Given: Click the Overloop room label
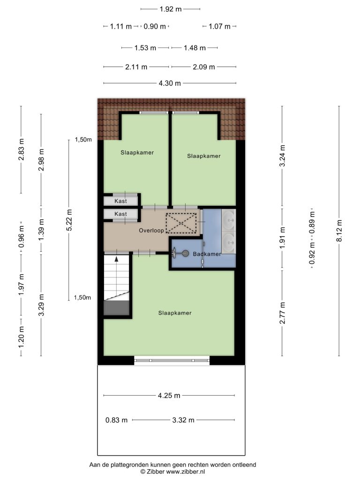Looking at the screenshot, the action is pyautogui.click(x=151, y=231).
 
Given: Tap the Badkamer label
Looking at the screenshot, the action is pyautogui.click(x=207, y=254).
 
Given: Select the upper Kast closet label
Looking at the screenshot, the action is pyautogui.click(x=120, y=201).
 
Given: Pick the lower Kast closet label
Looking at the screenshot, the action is pyautogui.click(x=120, y=214).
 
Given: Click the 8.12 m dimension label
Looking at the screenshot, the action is pyautogui.click(x=339, y=231).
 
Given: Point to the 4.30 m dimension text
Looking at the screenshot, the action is pyautogui.click(x=170, y=83).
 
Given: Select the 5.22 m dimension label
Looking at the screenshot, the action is pyautogui.click(x=69, y=220).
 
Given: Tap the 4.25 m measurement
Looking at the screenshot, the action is pyautogui.click(x=169, y=396).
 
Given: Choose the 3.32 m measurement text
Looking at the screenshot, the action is pyautogui.click(x=183, y=420).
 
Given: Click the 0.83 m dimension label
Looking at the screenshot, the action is pyautogui.click(x=116, y=420).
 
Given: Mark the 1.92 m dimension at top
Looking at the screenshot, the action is pyautogui.click(x=171, y=9).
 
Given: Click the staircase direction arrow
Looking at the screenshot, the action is pyautogui.click(x=116, y=259).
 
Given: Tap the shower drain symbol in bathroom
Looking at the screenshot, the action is pyautogui.click(x=185, y=253).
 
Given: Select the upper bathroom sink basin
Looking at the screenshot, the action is pyautogui.click(x=229, y=220).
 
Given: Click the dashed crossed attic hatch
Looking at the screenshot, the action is pyautogui.click(x=181, y=223).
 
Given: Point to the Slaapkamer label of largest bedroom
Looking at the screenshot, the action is pyautogui.click(x=175, y=313).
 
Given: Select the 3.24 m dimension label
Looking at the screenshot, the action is pyautogui.click(x=282, y=156).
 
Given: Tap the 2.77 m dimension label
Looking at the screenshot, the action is pyautogui.click(x=282, y=313).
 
